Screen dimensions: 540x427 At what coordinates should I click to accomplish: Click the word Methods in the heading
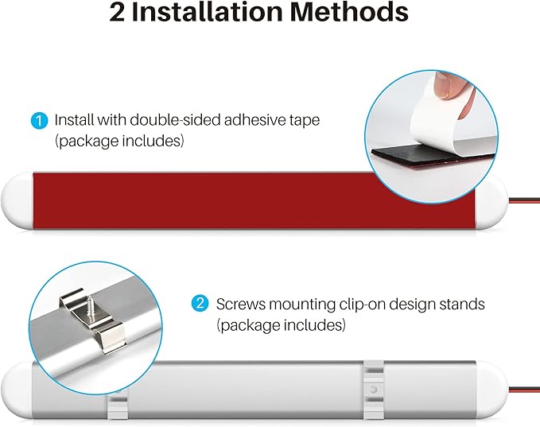[350, 13]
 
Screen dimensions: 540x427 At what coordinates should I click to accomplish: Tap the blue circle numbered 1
[39, 121]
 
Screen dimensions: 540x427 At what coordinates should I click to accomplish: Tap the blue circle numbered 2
[200, 304]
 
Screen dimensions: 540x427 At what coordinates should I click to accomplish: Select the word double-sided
[177, 120]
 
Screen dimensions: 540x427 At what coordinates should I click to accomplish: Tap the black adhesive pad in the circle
[424, 154]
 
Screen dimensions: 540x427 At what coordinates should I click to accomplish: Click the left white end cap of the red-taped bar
[17, 200]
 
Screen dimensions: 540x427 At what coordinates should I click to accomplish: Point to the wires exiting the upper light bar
[524, 200]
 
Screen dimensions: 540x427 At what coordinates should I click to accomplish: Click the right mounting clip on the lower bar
[374, 390]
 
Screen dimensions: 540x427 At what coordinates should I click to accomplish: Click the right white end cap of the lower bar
[491, 390]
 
